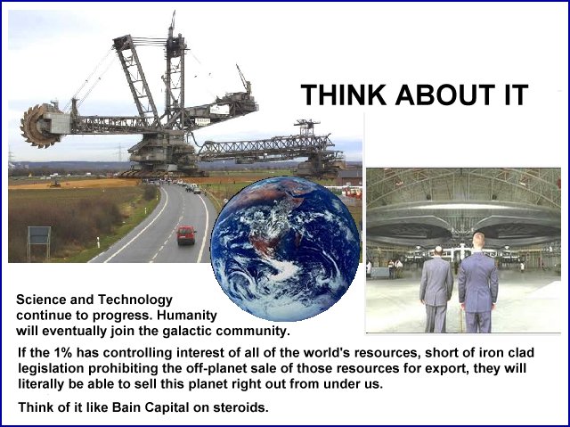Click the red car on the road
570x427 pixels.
[186, 235]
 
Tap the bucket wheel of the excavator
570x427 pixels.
[37, 126]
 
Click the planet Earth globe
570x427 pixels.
[285, 249]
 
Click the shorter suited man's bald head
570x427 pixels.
[439, 251]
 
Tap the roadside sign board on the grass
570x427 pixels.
[39, 235]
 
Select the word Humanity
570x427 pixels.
[187, 316]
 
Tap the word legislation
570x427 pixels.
[52, 369]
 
